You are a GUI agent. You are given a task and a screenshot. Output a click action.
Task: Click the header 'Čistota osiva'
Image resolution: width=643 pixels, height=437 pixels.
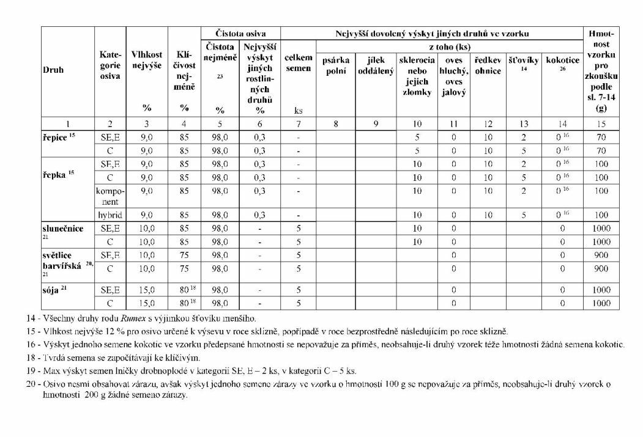point(240,34)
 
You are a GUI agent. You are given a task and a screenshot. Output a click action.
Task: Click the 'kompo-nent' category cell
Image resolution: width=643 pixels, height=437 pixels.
point(110,196)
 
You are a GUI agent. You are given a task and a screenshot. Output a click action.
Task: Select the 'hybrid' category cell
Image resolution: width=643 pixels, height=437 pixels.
point(110,215)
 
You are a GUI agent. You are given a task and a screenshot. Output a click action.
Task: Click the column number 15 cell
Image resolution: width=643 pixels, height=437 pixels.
point(601,123)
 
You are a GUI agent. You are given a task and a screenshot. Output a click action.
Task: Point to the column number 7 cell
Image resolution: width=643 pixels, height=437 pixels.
point(298,123)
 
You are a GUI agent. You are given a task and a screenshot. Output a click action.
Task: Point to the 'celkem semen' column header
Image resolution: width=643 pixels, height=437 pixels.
point(298,64)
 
